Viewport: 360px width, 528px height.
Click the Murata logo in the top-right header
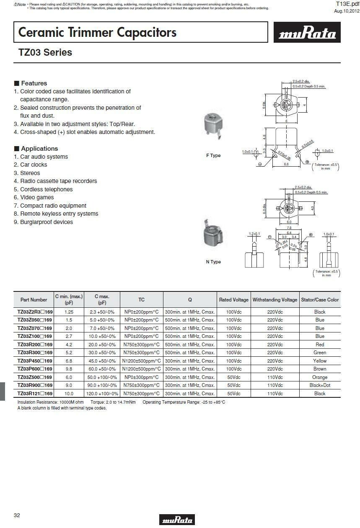(x=307, y=32)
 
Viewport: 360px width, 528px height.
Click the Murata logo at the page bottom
(x=177, y=519)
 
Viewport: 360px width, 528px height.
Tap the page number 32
(x=17, y=515)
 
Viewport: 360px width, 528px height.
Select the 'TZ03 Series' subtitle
(x=45, y=52)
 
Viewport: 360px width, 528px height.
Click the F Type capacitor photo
(x=213, y=126)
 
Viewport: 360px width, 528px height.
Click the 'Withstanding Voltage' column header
(x=275, y=300)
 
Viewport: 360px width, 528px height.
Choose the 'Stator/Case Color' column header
(x=320, y=300)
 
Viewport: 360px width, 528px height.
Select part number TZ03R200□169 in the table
(x=35, y=344)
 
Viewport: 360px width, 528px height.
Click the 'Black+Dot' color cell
(x=320, y=385)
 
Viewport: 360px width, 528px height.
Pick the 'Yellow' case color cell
(x=320, y=361)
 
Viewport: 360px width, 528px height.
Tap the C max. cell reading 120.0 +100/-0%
(x=102, y=394)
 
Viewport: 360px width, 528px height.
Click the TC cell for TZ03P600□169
(x=141, y=369)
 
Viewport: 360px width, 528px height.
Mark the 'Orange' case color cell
(x=320, y=377)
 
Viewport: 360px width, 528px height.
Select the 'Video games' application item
(x=34, y=197)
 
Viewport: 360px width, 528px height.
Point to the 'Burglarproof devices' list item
(x=44, y=222)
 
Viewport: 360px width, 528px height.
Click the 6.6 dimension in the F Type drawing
(x=286, y=164)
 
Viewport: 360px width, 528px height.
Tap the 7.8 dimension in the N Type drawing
(x=289, y=228)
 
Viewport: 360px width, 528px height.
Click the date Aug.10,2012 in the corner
(x=347, y=11)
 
